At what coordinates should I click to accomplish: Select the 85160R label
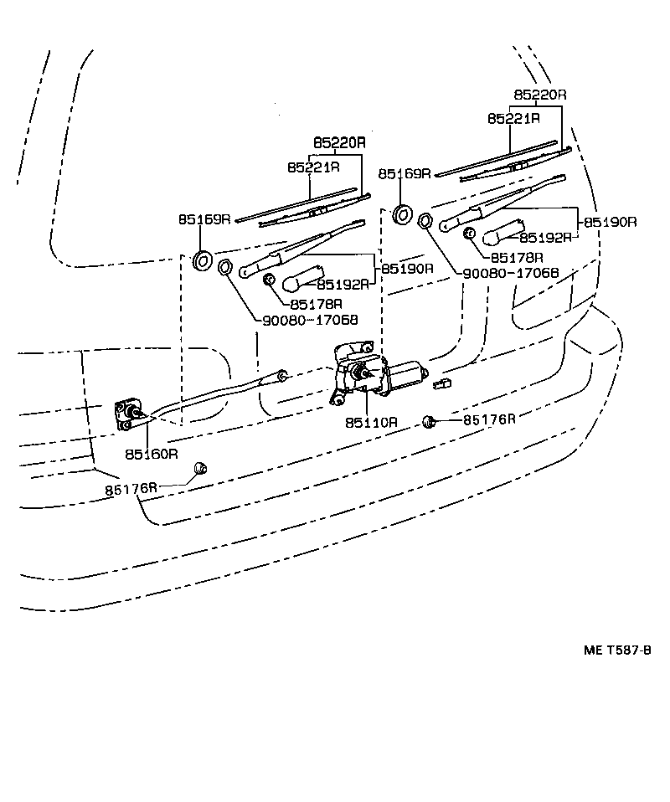click(x=152, y=454)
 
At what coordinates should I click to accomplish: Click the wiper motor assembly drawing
click(x=373, y=372)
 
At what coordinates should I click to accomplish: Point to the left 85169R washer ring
click(x=203, y=260)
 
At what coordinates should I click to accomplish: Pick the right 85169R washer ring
click(x=403, y=213)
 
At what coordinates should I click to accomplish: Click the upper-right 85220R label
click(x=540, y=95)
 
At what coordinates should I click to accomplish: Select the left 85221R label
click(x=313, y=167)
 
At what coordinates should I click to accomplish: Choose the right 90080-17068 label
click(x=510, y=273)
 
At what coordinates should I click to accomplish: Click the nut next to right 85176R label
click(x=429, y=421)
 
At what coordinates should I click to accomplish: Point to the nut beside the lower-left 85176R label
click(x=199, y=470)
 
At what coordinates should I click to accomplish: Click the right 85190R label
click(x=611, y=222)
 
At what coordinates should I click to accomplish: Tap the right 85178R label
click(x=517, y=258)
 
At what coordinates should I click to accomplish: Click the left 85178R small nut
click(x=270, y=280)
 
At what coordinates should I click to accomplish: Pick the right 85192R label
click(x=544, y=237)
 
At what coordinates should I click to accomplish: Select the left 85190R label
click(x=407, y=269)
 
